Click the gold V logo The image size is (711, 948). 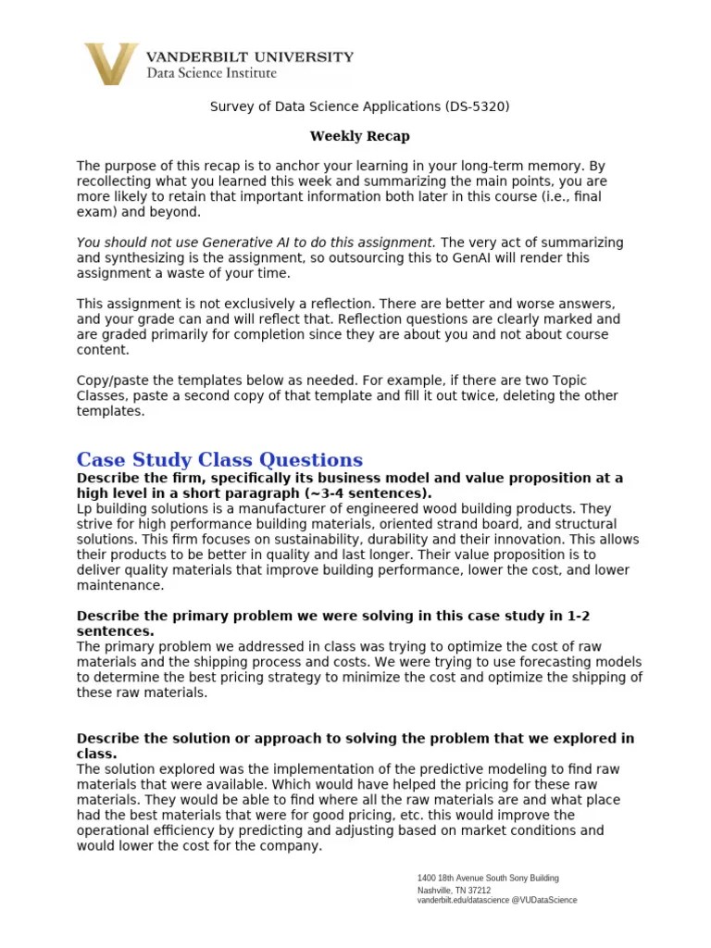111,64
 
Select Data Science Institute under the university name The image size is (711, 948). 211,72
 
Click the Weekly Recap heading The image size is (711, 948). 359,136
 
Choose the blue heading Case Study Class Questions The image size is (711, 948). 219,460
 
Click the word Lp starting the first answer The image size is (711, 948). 84,509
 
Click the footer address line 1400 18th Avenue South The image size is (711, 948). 488,878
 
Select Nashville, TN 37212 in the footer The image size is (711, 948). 454,891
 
